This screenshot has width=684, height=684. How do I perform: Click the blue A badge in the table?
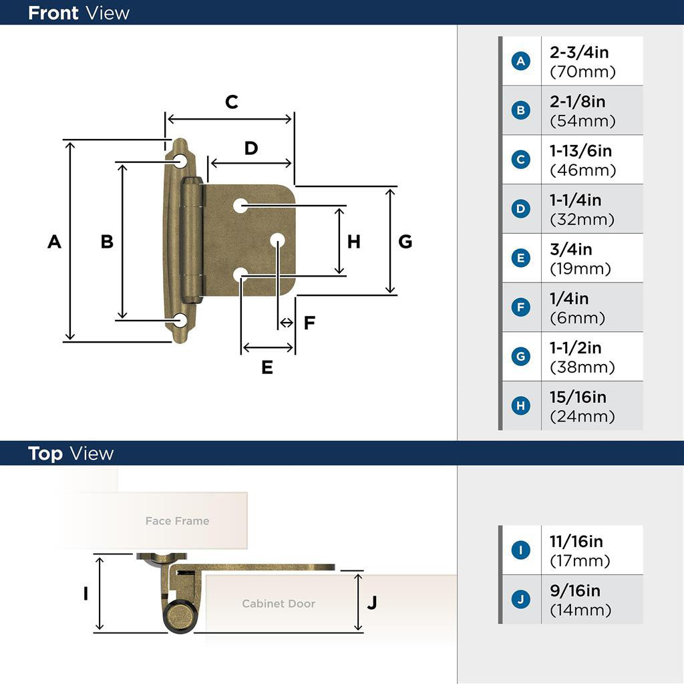tap(520, 61)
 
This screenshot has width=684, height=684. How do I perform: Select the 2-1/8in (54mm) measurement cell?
tap(582, 111)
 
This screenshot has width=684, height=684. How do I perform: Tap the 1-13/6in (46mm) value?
tap(582, 160)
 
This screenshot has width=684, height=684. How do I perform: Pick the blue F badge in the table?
tap(520, 308)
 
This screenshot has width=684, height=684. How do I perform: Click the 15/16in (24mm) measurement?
tap(582, 406)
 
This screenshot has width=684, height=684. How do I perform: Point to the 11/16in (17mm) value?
tap(580, 550)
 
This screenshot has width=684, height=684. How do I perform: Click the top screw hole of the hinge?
tap(180, 161)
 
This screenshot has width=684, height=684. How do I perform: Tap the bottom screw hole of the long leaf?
tap(180, 320)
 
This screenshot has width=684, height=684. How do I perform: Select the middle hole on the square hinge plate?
tap(277, 240)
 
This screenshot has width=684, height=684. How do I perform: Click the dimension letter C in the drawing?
tap(231, 102)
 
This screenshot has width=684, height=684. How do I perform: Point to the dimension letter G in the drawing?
tap(405, 241)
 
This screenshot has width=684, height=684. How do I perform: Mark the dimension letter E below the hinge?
tap(267, 367)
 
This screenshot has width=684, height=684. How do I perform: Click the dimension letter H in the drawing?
tap(353, 241)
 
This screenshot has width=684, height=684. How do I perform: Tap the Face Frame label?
tap(177, 521)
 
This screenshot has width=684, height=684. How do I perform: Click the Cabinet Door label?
tap(278, 604)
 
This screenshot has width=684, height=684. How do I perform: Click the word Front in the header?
tap(53, 13)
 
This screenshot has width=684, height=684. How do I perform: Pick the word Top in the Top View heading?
tap(45, 454)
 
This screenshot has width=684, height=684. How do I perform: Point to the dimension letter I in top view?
tap(85, 592)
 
